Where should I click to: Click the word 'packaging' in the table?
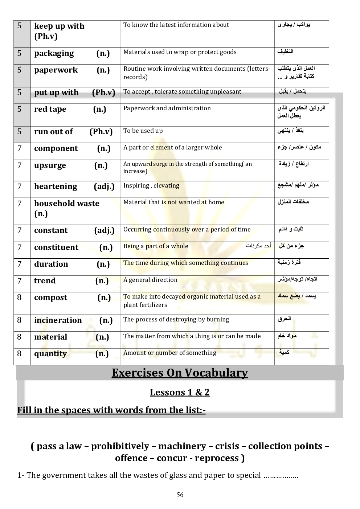(x=54, y=53)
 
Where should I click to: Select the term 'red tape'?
(x=50, y=109)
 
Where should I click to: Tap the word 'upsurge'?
(x=50, y=166)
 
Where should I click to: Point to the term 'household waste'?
(x=67, y=204)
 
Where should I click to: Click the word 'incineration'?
(x=58, y=320)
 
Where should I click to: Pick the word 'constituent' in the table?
(x=56, y=247)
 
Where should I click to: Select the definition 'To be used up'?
(x=143, y=131)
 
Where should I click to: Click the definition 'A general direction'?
(x=150, y=280)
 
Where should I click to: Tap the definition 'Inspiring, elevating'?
(x=151, y=185)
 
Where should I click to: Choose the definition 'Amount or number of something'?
(x=169, y=353)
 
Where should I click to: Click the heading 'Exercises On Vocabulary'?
(x=180, y=373)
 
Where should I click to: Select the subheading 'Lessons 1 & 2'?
(x=180, y=393)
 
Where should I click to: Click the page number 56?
(x=180, y=495)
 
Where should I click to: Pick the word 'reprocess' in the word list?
(x=217, y=458)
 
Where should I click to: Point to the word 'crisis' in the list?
(x=227, y=446)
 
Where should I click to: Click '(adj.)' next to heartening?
(x=104, y=186)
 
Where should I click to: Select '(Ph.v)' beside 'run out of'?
(x=101, y=132)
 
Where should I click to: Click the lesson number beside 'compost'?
(x=20, y=297)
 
